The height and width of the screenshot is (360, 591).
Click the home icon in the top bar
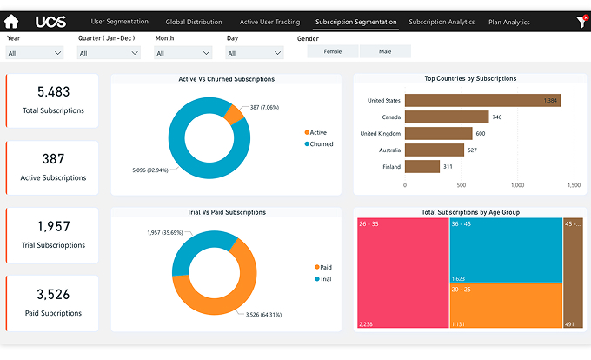[x=11, y=22]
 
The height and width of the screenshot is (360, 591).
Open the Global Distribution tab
[x=194, y=22]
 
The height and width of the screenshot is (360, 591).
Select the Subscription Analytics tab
[x=442, y=22]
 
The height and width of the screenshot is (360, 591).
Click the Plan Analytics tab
[x=509, y=22]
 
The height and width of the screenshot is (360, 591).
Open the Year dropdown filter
[x=35, y=53]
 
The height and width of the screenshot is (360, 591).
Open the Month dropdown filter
[x=183, y=53]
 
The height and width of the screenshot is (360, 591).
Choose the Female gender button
[x=333, y=52]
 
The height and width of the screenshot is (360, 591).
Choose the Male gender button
[x=385, y=52]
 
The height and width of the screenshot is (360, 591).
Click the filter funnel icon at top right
[x=581, y=22]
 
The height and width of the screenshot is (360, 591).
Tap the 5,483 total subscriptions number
[x=53, y=92]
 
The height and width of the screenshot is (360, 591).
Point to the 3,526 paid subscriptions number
[x=53, y=295]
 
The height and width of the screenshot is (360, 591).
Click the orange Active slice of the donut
[x=233, y=114]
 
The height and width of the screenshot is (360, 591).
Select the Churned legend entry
[x=320, y=144]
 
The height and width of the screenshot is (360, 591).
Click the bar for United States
[x=482, y=101]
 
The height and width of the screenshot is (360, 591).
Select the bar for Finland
[x=422, y=166]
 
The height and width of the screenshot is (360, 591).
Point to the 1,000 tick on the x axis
[x=518, y=185]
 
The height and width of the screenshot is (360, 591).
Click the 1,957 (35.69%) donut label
[x=165, y=233]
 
